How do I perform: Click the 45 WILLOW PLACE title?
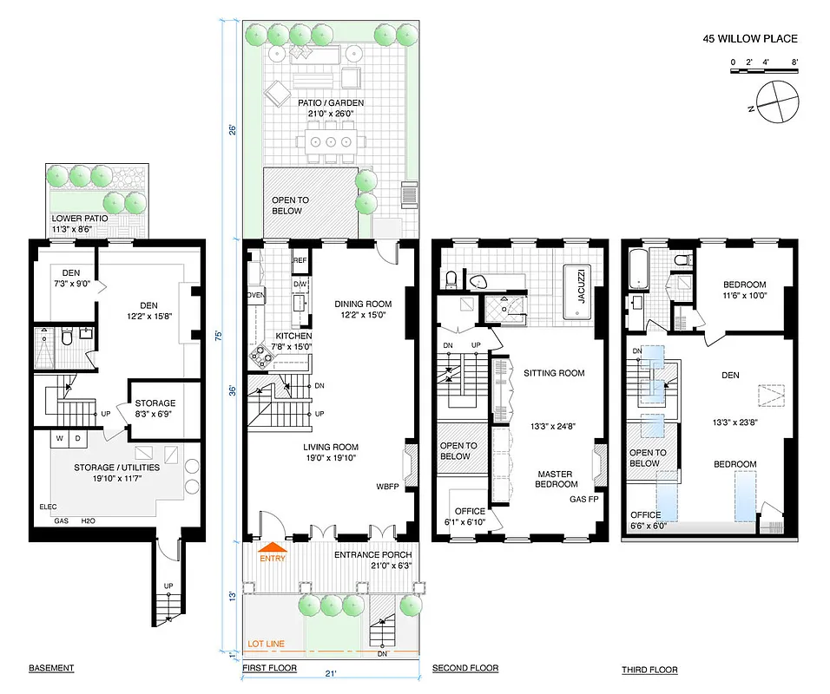click(x=749, y=39)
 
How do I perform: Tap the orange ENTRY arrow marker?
click(x=273, y=548)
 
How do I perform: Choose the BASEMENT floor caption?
click(x=51, y=669)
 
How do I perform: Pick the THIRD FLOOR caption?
click(x=649, y=670)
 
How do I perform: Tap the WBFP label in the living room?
click(x=387, y=486)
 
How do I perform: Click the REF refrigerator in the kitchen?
click(x=300, y=260)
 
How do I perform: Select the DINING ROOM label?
click(x=363, y=304)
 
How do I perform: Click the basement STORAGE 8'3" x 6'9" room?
click(x=155, y=408)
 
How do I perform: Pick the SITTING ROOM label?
click(x=553, y=373)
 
